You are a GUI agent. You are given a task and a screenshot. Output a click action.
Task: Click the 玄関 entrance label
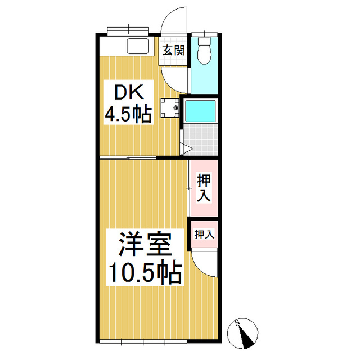tap(174, 50)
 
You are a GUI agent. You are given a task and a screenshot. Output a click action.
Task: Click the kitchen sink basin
tap(137, 46)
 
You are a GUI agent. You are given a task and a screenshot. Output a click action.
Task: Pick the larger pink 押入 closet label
tap(204, 188)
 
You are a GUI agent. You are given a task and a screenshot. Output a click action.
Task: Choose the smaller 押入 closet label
tap(204, 235)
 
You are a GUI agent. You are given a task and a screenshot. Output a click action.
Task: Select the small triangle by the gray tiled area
tap(187, 149)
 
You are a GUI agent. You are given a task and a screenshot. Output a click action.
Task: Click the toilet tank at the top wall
tap(204, 40)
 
